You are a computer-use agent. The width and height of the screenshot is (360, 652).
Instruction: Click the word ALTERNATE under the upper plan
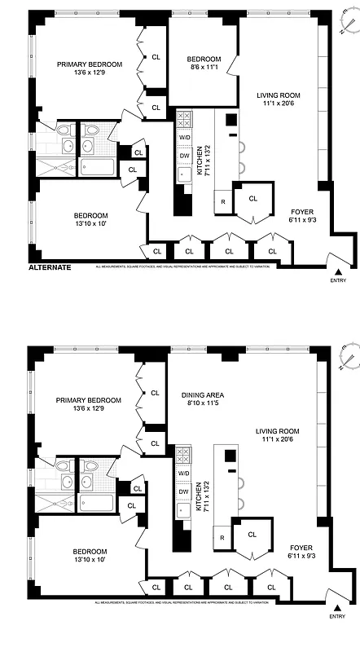tap(50, 267)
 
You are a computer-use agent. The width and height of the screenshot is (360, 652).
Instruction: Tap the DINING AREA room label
tap(204, 395)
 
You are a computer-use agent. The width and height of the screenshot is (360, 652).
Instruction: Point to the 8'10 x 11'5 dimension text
tap(204, 403)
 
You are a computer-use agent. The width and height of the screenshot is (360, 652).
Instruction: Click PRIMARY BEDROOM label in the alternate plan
tap(89, 65)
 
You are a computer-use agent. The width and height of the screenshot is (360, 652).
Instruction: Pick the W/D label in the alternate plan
tap(185, 137)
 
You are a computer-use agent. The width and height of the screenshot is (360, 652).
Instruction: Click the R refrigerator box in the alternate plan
tap(222, 201)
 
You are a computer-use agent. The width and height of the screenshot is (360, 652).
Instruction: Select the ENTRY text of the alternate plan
tap(338, 281)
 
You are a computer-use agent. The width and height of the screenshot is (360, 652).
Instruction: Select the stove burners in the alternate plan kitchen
tap(184, 120)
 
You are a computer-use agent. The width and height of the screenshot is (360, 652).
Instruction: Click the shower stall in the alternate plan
tap(55, 166)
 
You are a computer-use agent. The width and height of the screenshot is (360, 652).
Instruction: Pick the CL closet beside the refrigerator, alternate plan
tap(252, 198)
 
